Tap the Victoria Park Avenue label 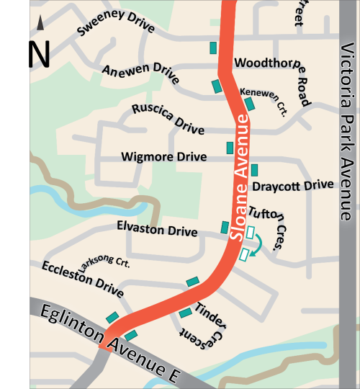[x=348, y=133]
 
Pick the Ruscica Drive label [x=168, y=119]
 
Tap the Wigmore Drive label [x=164, y=156]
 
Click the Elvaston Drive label [x=157, y=229]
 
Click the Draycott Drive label [x=293, y=186]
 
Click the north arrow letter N [x=40, y=55]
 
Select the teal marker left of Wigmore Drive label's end [x=230, y=148]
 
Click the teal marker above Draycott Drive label [x=253, y=170]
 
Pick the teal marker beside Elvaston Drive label [x=225, y=228]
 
